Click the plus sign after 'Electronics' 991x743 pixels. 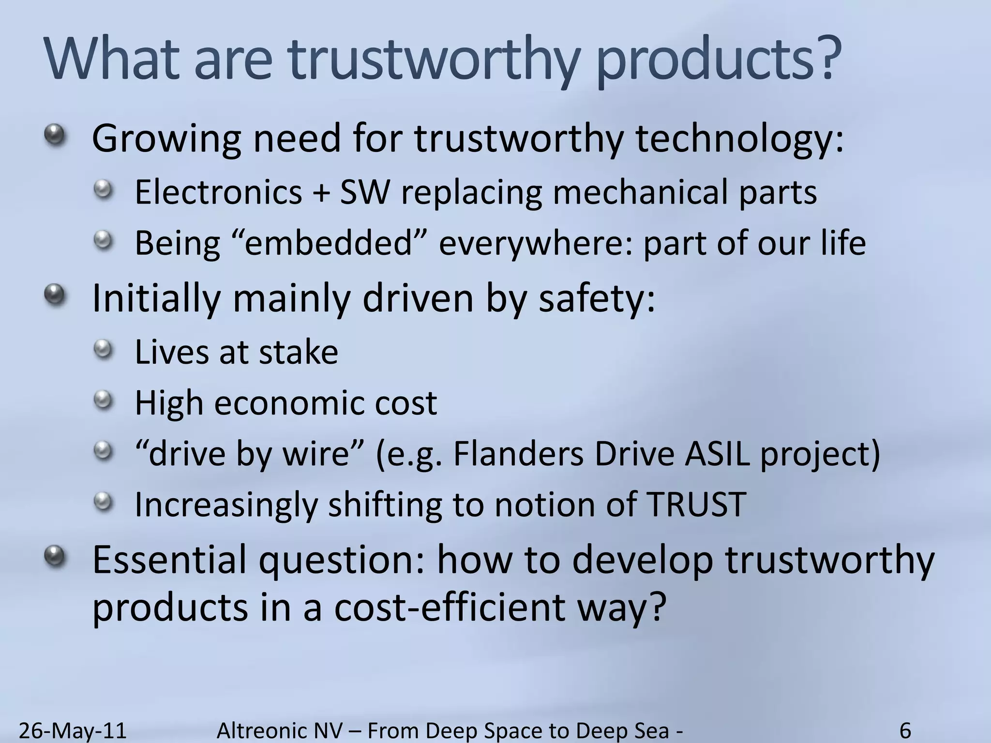point(321,193)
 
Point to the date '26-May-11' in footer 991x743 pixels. point(73,730)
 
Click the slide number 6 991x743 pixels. point(905,730)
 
